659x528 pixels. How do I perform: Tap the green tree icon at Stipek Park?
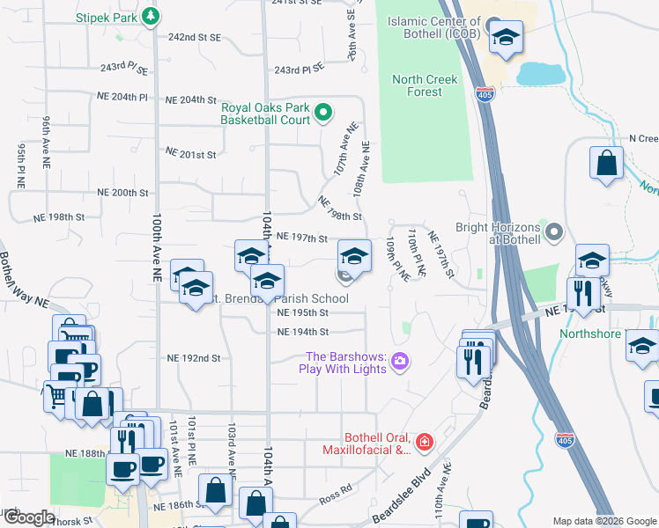coord(151,15)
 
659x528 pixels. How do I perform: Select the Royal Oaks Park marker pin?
coord(322,112)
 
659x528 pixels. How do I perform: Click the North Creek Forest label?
coord(425,85)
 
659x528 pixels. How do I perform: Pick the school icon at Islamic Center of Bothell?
coord(506,38)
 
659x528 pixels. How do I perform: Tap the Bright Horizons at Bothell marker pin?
coord(553,232)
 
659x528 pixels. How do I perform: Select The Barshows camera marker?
coord(400,361)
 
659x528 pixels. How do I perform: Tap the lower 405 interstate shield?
coord(565,437)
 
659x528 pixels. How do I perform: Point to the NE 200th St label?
coord(122,192)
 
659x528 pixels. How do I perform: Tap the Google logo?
coord(29,517)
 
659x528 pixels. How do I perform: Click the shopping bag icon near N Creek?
coord(606,163)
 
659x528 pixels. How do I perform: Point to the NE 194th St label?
coord(302,332)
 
